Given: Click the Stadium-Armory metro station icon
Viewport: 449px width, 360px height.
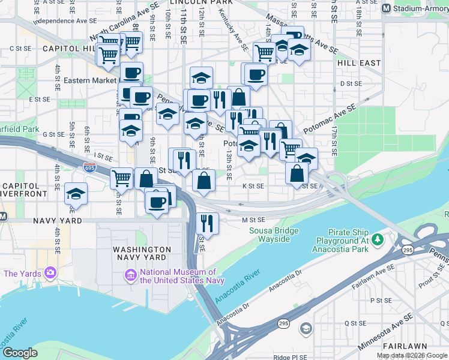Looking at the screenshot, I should point(387,8).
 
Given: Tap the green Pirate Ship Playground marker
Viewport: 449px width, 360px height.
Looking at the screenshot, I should point(378,241).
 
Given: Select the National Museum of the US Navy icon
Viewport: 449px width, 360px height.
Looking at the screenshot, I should point(130,275).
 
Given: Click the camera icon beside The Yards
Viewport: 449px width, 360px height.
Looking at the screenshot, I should point(49,274).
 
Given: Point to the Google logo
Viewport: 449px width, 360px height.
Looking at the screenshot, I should point(20,353).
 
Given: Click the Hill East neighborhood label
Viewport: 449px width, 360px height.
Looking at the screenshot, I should point(359,62).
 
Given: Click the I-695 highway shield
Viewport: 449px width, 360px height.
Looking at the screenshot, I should point(89,167).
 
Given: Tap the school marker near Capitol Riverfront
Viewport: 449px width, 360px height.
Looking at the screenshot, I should point(76,194).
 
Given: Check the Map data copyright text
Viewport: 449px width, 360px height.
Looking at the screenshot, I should point(412,355).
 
